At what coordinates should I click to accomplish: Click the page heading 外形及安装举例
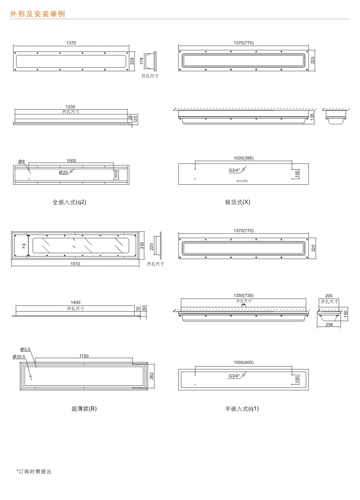click(37, 14)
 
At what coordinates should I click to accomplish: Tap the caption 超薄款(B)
click(84, 409)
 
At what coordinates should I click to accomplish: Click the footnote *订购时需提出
click(33, 471)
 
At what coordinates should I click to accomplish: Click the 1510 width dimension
click(76, 263)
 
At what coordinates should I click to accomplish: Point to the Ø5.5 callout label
click(25, 349)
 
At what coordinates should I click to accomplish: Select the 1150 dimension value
click(84, 356)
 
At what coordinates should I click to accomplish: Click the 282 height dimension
click(152, 376)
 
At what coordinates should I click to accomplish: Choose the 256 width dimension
click(329, 324)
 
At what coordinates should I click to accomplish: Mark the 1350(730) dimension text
click(243, 296)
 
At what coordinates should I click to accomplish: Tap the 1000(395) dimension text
click(243, 158)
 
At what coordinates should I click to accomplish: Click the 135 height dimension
click(312, 116)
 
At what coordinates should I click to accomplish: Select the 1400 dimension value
click(75, 303)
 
